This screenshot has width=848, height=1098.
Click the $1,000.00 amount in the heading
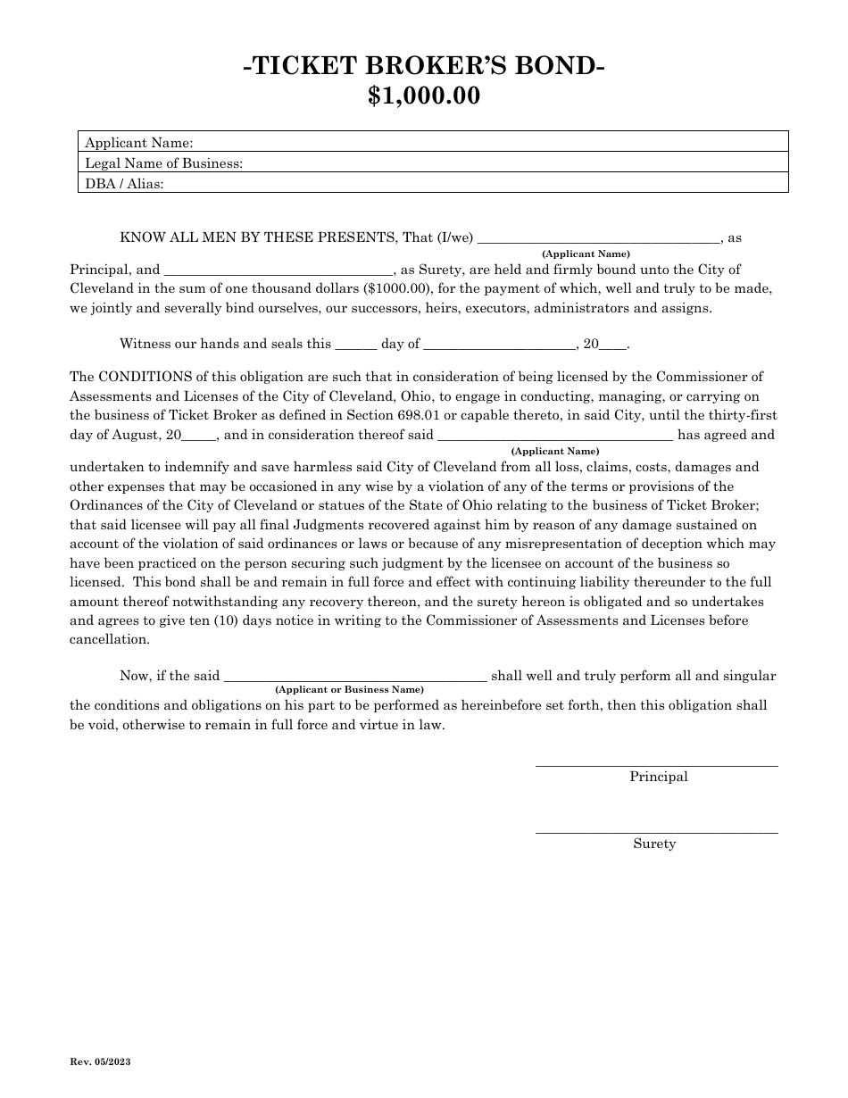pos(424,96)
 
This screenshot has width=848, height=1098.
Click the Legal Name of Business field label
pos(163,162)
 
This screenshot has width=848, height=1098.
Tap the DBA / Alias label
pos(124,183)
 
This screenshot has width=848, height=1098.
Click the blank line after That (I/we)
pos(599,238)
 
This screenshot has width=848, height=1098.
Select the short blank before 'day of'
pos(355,344)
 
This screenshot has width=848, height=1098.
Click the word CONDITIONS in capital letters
pos(137,377)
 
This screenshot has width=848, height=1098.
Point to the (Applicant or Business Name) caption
pos(349,690)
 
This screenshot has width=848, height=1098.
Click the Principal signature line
pos(656,764)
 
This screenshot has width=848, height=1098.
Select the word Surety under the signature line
pos(654,844)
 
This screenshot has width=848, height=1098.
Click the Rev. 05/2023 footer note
pos(100,1061)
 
